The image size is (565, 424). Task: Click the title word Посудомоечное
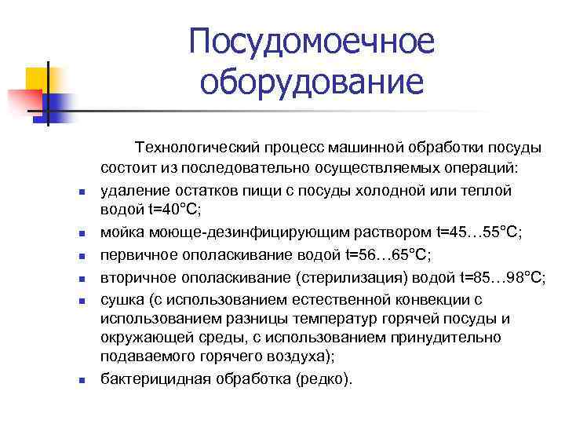[x=311, y=42]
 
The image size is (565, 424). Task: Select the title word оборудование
[x=311, y=82]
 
